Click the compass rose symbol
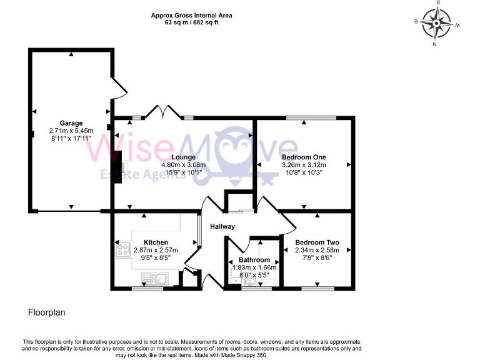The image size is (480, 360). [x=437, y=23]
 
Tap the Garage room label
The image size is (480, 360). [x=71, y=123]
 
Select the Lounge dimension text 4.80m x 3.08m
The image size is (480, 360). [x=184, y=165]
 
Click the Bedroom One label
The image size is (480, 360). [x=304, y=157]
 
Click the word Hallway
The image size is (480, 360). [x=222, y=226]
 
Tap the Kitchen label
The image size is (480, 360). [x=156, y=242]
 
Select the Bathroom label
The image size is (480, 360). [x=253, y=259]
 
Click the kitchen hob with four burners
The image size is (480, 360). [x=122, y=251]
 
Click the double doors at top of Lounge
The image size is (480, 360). [x=163, y=112]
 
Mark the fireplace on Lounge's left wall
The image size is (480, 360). [x=119, y=169]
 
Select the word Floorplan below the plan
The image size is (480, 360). [x=47, y=311]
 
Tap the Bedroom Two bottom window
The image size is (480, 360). [x=317, y=289]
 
